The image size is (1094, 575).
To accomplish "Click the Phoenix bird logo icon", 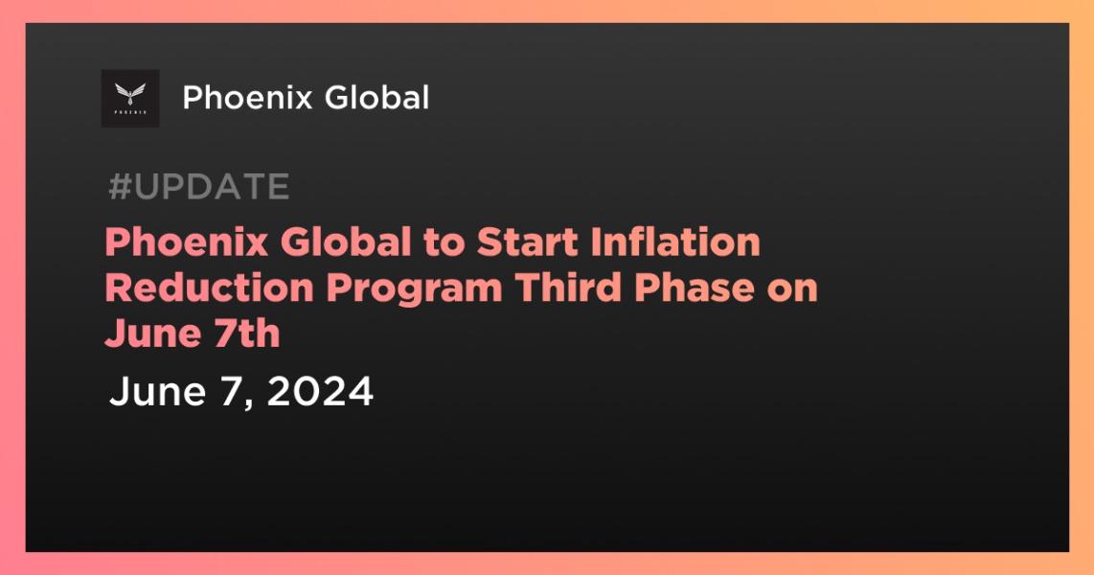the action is [x=130, y=99].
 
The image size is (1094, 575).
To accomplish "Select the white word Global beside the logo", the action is [x=376, y=97].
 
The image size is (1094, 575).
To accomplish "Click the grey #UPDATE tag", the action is [x=199, y=187].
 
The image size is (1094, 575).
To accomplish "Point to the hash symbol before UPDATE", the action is [x=120, y=187].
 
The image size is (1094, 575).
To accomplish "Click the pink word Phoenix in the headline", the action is [x=187, y=242].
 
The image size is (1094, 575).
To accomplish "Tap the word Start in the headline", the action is [x=528, y=242].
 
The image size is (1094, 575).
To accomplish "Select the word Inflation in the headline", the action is [x=675, y=242].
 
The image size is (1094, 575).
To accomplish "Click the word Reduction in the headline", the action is [x=209, y=287].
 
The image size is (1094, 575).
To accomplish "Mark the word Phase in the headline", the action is [x=695, y=287].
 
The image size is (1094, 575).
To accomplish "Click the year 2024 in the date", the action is [x=320, y=391].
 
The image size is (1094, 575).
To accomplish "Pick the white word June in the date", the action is [x=158, y=391].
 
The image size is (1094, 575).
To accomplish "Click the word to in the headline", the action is [x=444, y=243].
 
